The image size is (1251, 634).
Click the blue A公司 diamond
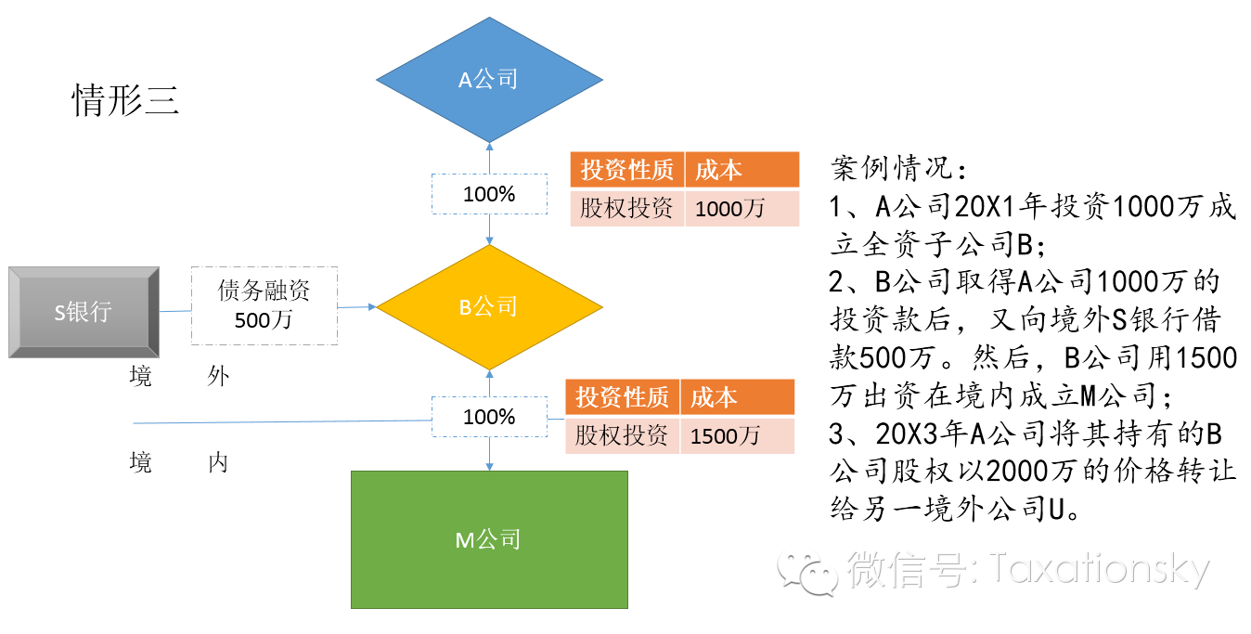point(489,80)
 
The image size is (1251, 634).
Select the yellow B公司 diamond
point(489,306)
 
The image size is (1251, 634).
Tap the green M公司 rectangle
point(489,539)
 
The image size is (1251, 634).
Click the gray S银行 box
point(84,312)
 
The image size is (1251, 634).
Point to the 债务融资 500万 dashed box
point(264,305)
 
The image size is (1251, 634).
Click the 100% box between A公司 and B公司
point(489,194)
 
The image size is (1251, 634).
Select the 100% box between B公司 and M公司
point(489,417)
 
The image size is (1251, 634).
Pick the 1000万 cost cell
point(742,209)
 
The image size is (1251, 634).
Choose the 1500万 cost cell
point(737,435)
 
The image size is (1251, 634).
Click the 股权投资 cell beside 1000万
point(626,209)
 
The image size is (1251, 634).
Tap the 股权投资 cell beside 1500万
point(622,435)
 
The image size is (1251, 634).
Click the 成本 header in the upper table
point(742,169)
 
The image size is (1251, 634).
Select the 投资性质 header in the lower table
point(622,396)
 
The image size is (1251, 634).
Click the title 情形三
point(125,100)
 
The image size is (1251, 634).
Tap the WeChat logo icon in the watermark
point(807,571)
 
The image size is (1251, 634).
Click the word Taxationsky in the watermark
point(1099,570)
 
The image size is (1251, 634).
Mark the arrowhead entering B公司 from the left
point(372,306)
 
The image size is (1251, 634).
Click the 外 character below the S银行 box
point(218,376)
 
